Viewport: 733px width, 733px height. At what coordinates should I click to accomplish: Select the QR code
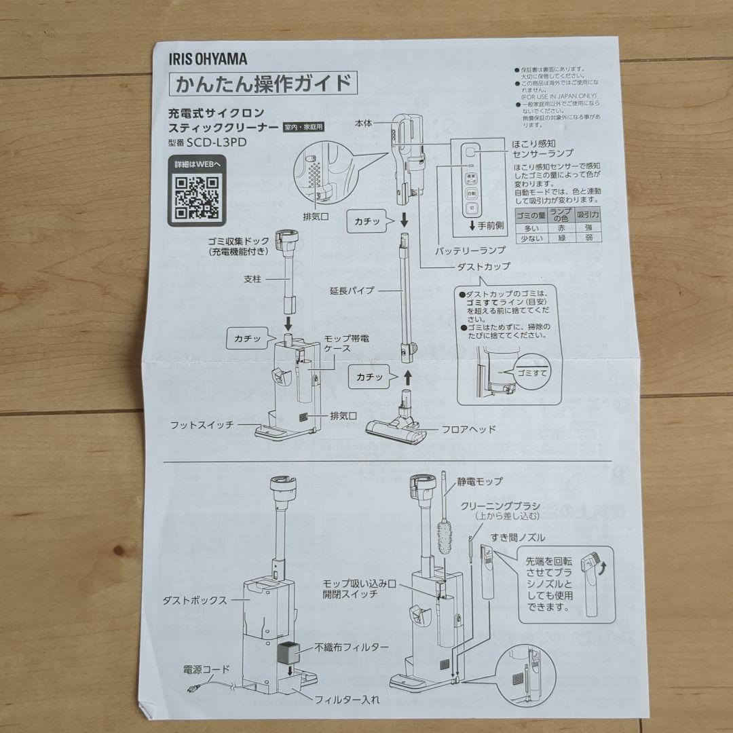coord(197,197)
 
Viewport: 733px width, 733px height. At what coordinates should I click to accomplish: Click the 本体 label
coord(364,124)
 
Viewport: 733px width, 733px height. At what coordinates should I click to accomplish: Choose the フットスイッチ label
coord(202,425)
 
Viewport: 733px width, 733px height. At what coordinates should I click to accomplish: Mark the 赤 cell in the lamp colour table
coord(561,229)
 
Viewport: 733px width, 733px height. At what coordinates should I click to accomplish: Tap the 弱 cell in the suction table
coord(588,240)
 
